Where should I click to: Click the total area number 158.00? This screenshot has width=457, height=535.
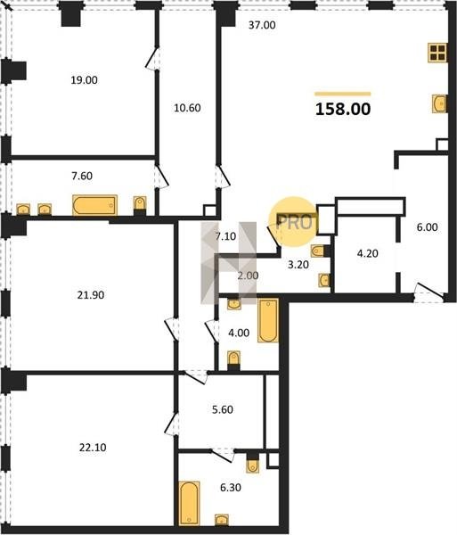(x=343, y=109)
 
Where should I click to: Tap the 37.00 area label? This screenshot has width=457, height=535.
(x=262, y=25)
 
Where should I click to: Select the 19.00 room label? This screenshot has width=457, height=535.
(x=84, y=80)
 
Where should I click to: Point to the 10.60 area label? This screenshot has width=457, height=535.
(x=187, y=108)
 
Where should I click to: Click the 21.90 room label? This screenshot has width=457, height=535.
(x=90, y=295)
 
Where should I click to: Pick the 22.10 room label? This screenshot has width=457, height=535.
(x=93, y=448)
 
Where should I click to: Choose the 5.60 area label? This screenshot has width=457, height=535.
(x=223, y=409)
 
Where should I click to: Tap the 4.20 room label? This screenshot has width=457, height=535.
(x=367, y=253)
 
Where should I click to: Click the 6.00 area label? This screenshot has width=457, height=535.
(x=427, y=227)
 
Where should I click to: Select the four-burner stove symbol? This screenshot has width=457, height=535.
(x=437, y=53)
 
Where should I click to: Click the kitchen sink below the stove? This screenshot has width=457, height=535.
(x=439, y=103)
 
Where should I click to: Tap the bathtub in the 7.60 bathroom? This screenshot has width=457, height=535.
(x=94, y=205)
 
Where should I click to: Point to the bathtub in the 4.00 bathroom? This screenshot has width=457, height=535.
(x=268, y=320)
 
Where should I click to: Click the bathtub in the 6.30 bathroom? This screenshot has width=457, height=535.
(x=189, y=503)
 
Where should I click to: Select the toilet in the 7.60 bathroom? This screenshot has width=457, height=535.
(x=140, y=203)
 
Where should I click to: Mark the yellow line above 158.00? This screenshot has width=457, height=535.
(x=343, y=94)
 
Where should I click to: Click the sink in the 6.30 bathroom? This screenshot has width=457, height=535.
(x=222, y=520)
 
